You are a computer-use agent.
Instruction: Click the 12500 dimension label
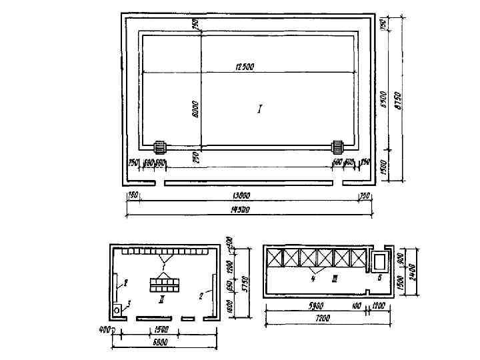click(x=244, y=67)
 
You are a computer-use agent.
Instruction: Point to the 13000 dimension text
click(x=244, y=195)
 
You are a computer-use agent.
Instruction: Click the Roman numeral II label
click(x=162, y=300)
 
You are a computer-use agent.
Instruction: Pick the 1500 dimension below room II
click(x=161, y=329)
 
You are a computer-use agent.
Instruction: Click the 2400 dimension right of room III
click(x=411, y=269)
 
